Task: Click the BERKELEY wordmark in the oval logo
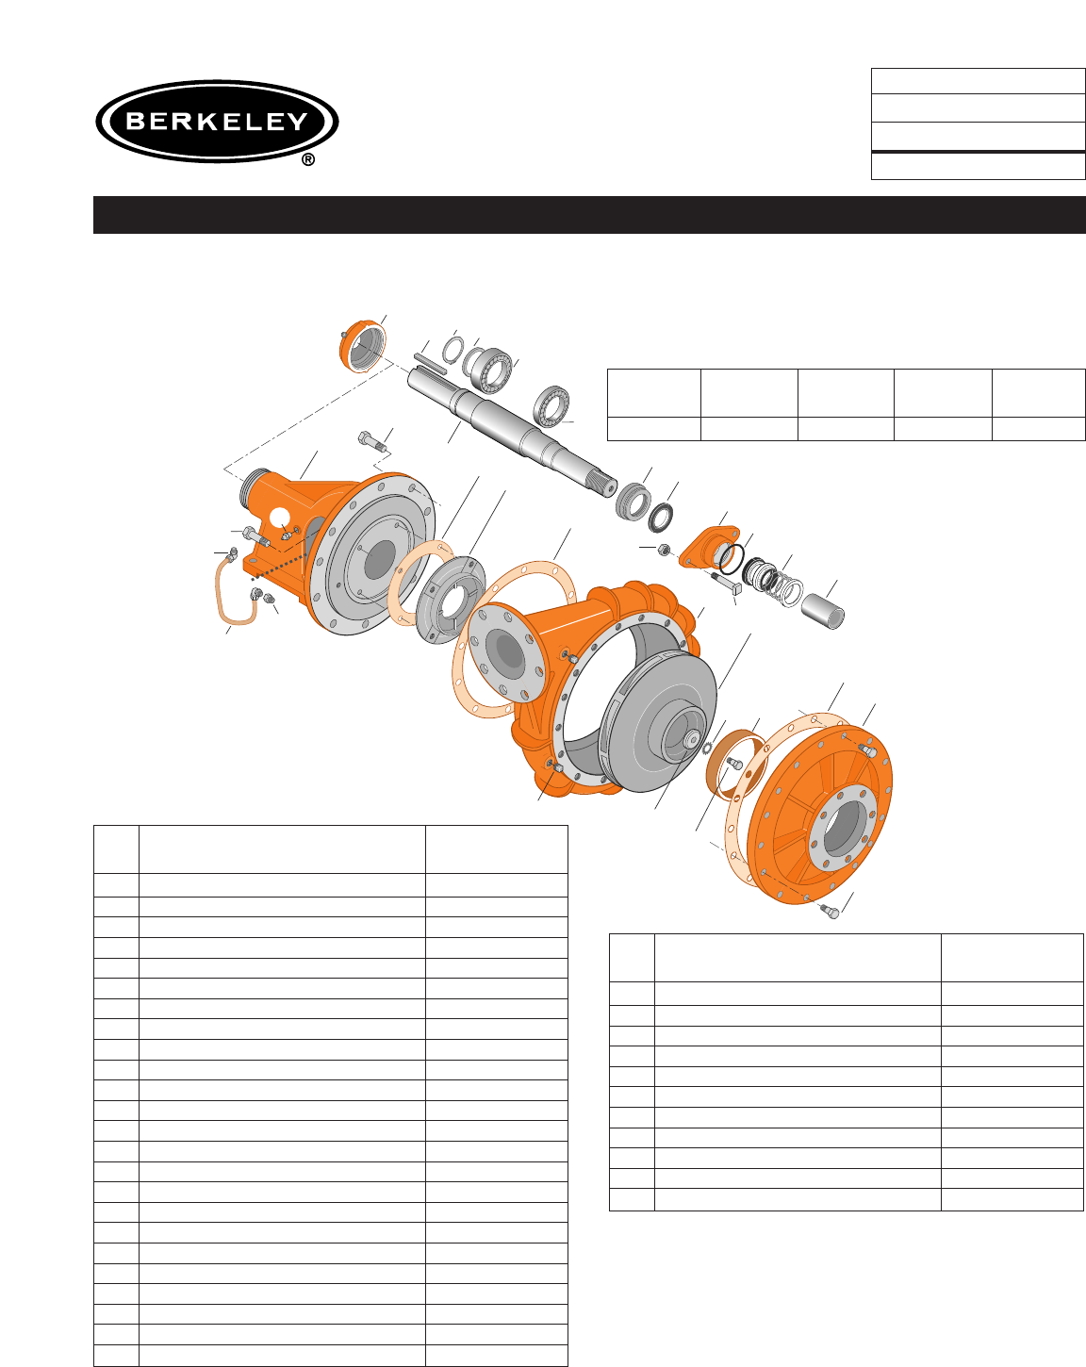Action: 217,122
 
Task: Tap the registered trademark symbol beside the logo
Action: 308,160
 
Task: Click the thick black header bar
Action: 589,215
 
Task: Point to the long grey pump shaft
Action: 512,432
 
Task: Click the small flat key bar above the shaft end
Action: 431,363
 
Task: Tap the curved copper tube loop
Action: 235,591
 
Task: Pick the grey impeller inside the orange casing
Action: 658,723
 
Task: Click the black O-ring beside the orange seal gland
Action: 732,558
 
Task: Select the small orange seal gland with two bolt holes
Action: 707,546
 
